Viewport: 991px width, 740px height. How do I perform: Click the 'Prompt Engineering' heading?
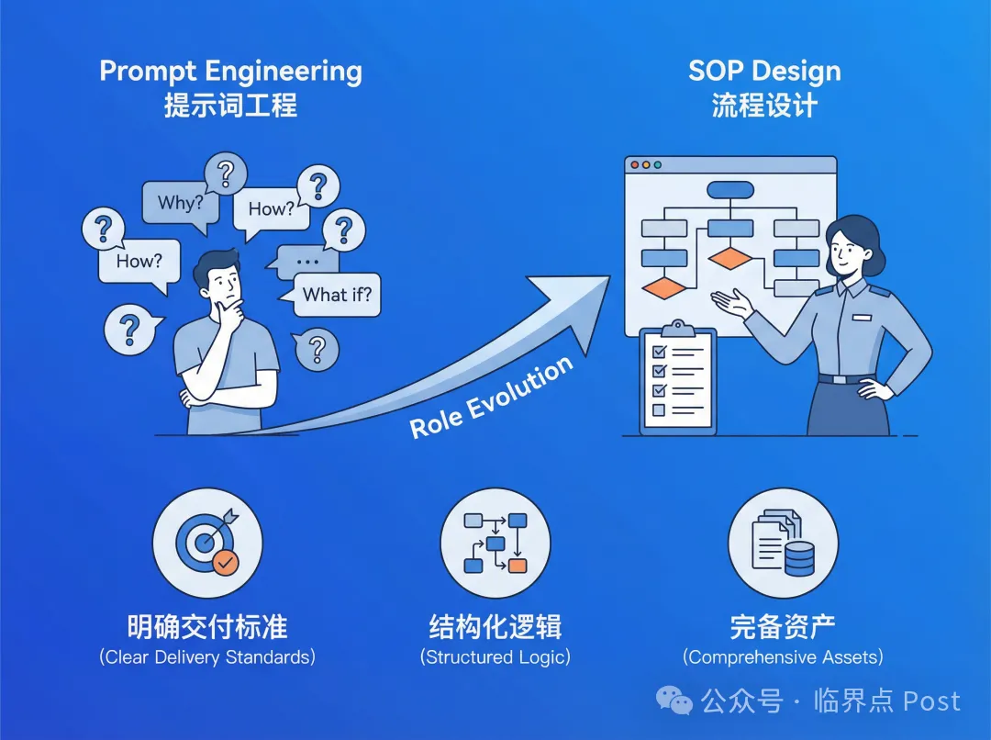[230, 73]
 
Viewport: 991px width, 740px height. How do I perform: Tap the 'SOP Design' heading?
[764, 72]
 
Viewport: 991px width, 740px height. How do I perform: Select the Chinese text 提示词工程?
[230, 105]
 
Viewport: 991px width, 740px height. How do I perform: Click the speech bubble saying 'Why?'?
[180, 202]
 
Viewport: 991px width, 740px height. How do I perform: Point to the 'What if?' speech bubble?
[336, 295]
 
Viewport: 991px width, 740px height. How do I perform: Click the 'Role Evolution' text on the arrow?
[492, 397]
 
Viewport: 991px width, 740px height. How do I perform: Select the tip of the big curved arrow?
[610, 276]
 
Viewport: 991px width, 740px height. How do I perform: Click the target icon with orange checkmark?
[207, 543]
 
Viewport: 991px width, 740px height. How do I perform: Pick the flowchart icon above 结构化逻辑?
[495, 543]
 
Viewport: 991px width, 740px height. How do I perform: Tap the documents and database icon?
[783, 543]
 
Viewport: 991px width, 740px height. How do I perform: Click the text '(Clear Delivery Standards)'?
[207, 657]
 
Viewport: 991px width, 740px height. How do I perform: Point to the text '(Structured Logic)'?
[495, 657]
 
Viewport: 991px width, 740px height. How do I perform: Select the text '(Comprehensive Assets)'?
[783, 657]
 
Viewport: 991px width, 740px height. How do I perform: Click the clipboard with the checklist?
[678, 378]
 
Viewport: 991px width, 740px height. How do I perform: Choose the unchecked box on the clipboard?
[659, 409]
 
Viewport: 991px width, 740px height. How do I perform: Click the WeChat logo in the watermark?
[674, 701]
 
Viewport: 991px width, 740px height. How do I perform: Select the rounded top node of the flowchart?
[730, 190]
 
